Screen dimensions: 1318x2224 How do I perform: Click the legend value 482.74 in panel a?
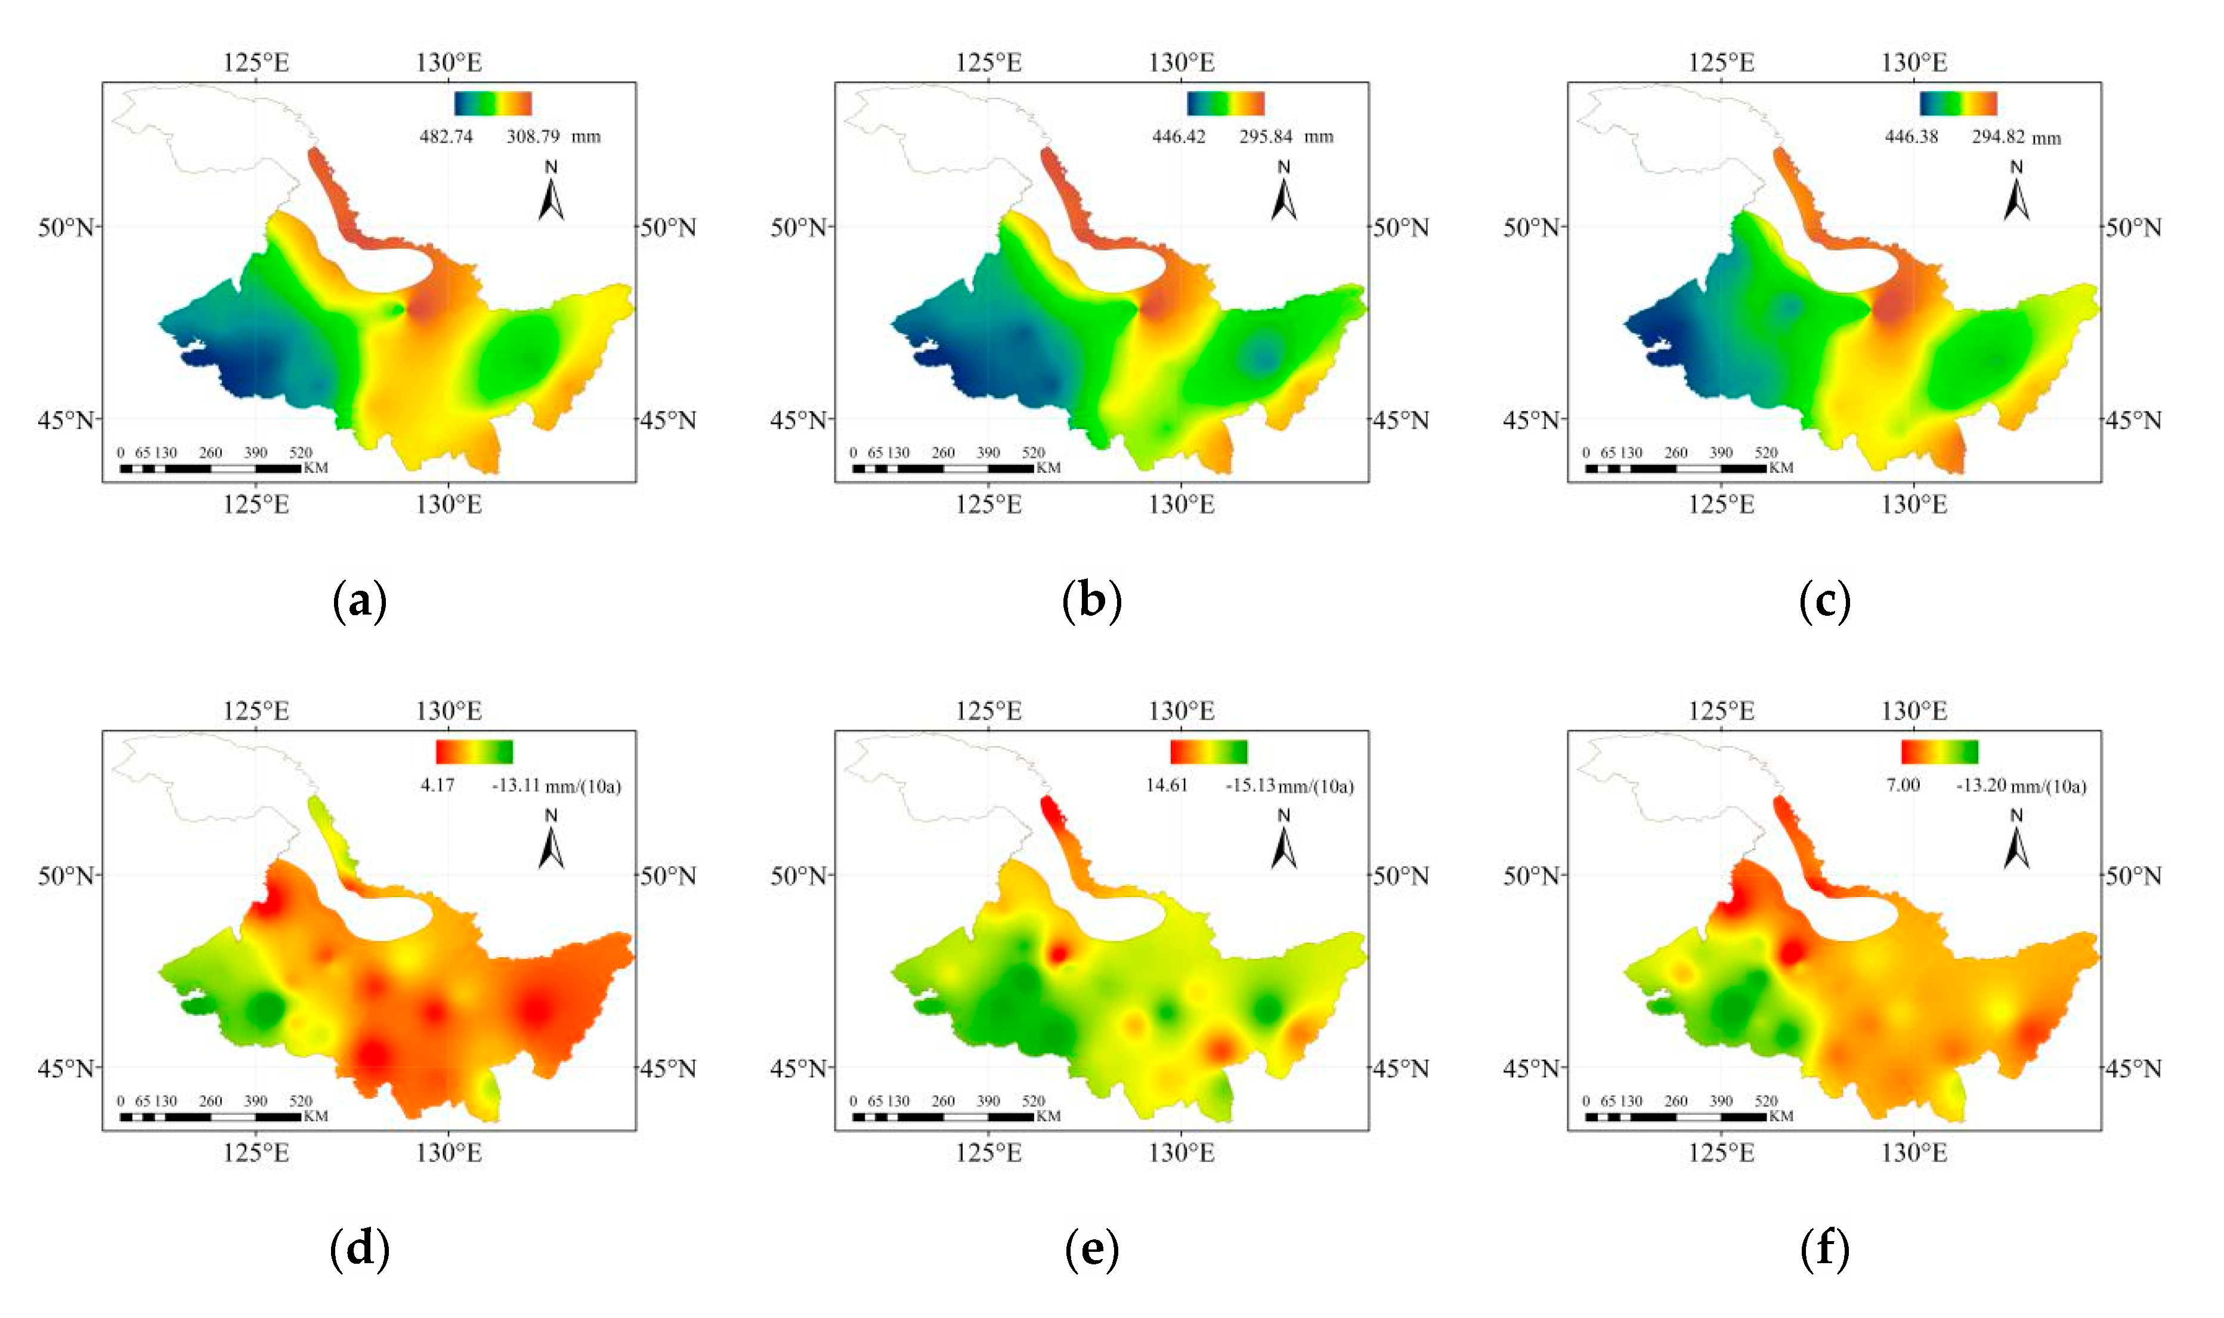point(446,137)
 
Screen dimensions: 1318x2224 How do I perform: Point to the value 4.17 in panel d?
point(437,785)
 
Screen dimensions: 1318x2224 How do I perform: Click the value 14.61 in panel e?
point(1166,785)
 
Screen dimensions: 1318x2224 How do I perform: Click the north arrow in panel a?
point(551,194)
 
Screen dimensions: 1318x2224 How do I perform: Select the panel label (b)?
point(1092,601)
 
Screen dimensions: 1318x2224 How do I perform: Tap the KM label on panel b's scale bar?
point(1048,468)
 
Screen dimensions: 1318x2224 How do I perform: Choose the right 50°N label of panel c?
point(2133,227)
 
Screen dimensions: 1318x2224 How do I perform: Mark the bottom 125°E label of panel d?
point(256,1153)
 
